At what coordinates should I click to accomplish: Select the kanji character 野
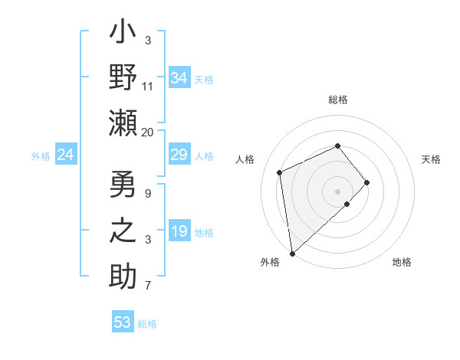pyautogui.click(x=123, y=79)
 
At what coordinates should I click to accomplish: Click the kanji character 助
pyautogui.click(x=123, y=277)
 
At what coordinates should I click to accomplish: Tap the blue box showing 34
pyautogui.click(x=179, y=78)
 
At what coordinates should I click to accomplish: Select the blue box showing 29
pyautogui.click(x=179, y=155)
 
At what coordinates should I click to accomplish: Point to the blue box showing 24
pyautogui.click(x=65, y=155)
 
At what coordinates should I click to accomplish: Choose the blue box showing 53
pyautogui.click(x=123, y=322)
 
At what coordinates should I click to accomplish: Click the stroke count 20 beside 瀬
pyautogui.click(x=148, y=132)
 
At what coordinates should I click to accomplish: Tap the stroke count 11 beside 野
pyautogui.click(x=148, y=86)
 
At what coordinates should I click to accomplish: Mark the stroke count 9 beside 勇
pyautogui.click(x=148, y=193)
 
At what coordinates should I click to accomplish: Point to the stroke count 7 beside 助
pyautogui.click(x=148, y=286)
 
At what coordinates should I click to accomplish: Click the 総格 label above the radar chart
pyautogui.click(x=338, y=100)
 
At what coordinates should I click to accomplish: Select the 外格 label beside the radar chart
pyautogui.click(x=270, y=262)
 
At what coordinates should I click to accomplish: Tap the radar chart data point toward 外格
pyautogui.click(x=292, y=253)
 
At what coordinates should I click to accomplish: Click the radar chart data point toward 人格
pyautogui.click(x=280, y=172)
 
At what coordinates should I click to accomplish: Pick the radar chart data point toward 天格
pyautogui.click(x=367, y=182)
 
